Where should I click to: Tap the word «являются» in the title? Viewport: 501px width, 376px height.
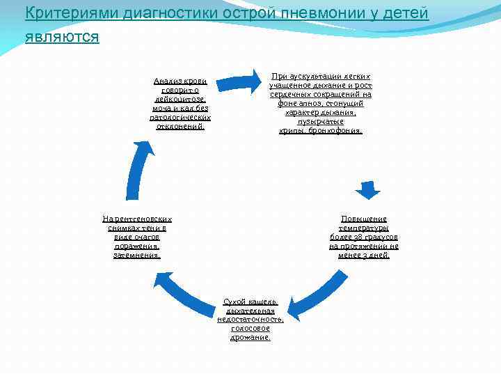tap(62, 36)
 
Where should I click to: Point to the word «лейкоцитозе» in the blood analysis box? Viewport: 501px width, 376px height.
tap(180, 100)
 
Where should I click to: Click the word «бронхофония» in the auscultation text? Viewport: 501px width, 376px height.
tap(337, 130)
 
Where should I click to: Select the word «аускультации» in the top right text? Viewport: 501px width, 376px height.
tap(318, 76)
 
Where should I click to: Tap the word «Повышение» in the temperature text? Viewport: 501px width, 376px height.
tap(364, 219)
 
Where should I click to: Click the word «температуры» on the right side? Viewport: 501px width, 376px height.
tap(364, 228)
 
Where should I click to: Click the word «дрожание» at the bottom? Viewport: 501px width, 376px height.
tap(250, 338)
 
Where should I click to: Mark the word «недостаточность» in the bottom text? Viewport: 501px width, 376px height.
tap(250, 320)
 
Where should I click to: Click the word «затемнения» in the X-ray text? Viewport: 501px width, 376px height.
tap(137, 255)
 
